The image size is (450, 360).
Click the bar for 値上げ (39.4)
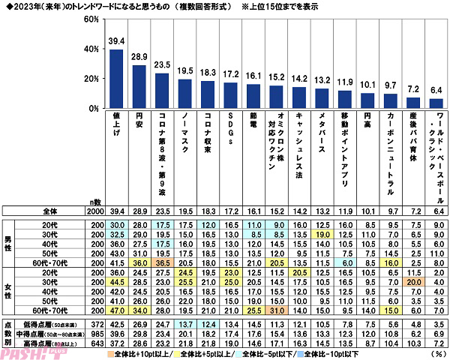117,79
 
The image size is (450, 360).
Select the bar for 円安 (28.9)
139,86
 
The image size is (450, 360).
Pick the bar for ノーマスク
184,94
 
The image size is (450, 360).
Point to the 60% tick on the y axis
91,18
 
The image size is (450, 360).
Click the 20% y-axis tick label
91,78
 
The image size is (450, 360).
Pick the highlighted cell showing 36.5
162,263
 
